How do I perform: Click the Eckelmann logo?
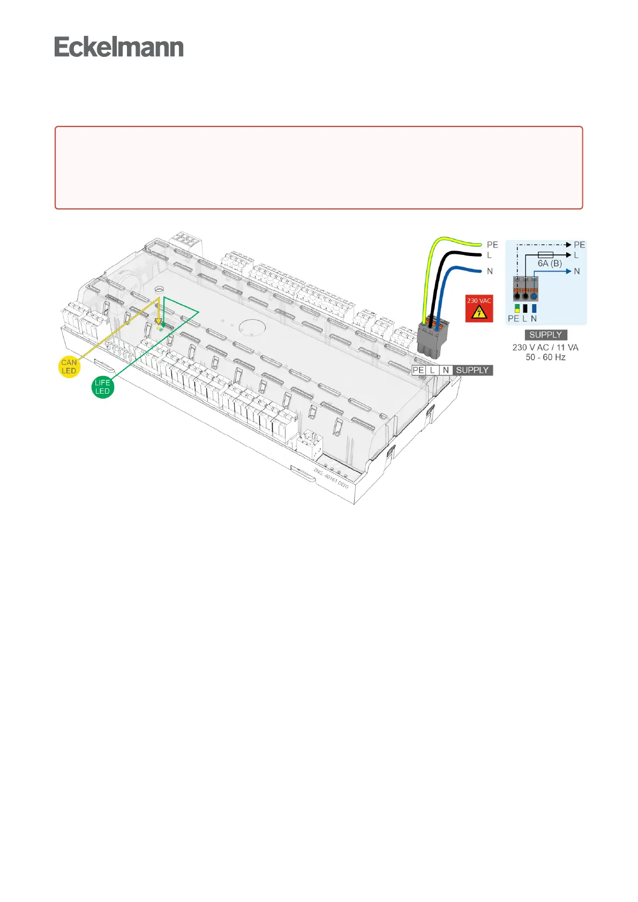click(119, 47)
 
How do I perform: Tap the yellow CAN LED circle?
click(69, 367)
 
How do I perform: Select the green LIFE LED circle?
click(102, 387)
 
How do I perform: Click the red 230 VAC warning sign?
click(479, 309)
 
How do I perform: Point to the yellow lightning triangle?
click(478, 312)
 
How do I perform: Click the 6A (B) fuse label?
click(550, 264)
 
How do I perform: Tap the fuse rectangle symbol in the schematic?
click(545, 255)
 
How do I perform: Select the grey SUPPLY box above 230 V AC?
click(545, 335)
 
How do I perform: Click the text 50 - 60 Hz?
click(545, 357)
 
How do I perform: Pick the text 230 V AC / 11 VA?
click(545, 347)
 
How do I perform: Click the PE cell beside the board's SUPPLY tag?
click(418, 370)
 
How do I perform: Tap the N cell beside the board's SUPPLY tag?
click(446, 370)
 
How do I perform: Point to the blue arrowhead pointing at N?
click(568, 272)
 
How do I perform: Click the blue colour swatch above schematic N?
click(534, 309)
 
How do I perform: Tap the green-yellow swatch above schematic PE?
click(517, 309)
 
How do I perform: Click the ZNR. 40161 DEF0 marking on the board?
click(331, 478)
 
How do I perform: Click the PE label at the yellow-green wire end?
click(492, 245)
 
